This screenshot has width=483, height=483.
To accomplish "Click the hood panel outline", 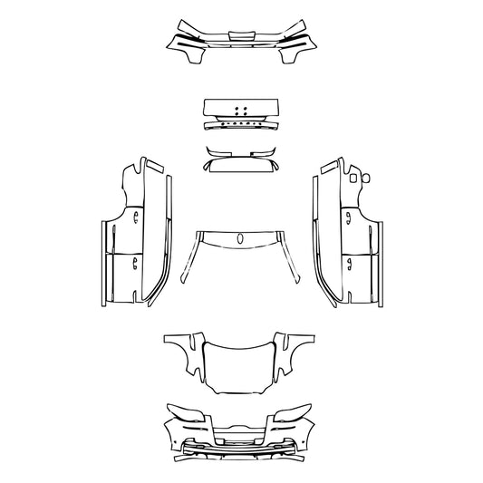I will pos(241,367).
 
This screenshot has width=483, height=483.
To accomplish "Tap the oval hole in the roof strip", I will pos(241,239).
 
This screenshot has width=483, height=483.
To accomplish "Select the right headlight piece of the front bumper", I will pos(293,413).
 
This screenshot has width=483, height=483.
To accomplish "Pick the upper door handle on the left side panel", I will pos(135,215).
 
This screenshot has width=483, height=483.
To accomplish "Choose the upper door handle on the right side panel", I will pos(348,215).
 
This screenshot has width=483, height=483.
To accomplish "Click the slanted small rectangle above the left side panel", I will pos(154,167).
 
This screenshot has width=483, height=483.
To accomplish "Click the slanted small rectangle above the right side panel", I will pos(328,167).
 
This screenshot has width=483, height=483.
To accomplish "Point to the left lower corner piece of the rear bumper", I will pos(191,56).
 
